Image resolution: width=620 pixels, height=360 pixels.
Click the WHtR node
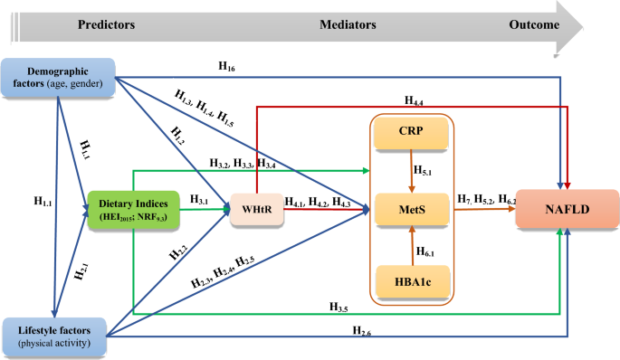click(256, 211)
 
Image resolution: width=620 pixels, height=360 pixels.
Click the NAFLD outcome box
click(567, 211)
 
